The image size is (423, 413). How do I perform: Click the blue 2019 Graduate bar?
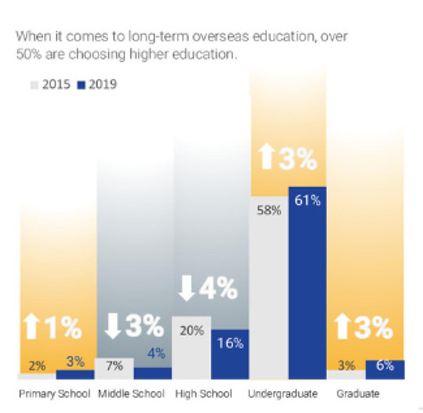click(385, 370)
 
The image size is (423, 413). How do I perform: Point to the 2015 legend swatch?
click(34, 85)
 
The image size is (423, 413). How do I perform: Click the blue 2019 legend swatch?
click(81, 85)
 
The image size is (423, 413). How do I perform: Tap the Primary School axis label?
click(54, 393)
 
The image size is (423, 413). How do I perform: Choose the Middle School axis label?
click(131, 393)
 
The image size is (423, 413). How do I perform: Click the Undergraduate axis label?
click(283, 393)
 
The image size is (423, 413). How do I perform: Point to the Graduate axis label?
click(358, 393)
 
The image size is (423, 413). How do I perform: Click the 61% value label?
click(307, 200)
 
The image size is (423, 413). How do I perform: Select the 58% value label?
click(269, 210)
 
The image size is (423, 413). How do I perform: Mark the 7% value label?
click(114, 366)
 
